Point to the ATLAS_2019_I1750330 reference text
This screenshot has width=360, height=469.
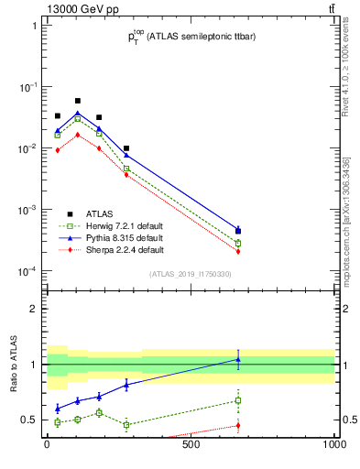pos(191,274)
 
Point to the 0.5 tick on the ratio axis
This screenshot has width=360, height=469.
pos(29,420)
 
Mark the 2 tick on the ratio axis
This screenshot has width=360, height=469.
pos(34,309)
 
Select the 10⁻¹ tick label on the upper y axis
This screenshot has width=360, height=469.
pos(27,87)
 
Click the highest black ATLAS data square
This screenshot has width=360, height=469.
pos(77,101)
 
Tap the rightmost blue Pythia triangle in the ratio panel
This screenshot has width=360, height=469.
pos(238,359)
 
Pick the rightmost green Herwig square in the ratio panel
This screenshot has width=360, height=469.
pos(238,400)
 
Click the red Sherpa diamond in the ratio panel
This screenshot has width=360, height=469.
pos(238,425)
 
